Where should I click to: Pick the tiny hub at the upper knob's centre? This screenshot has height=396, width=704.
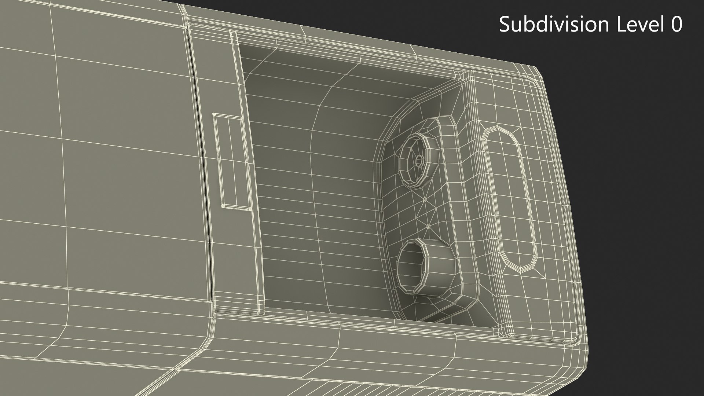click(x=419, y=160)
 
